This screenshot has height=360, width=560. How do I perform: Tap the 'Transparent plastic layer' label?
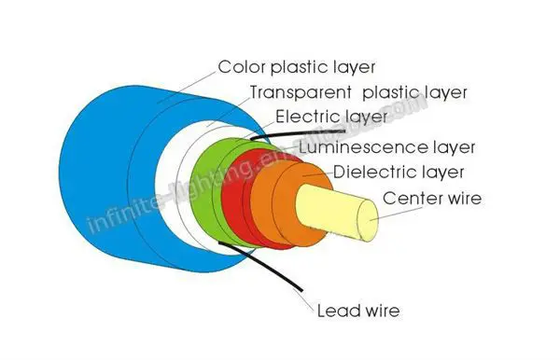coord(357,93)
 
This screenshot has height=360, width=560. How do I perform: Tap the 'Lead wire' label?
coord(355,310)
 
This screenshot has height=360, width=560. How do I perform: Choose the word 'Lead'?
coord(335,310)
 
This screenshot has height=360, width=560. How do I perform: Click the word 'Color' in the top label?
coord(239,68)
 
